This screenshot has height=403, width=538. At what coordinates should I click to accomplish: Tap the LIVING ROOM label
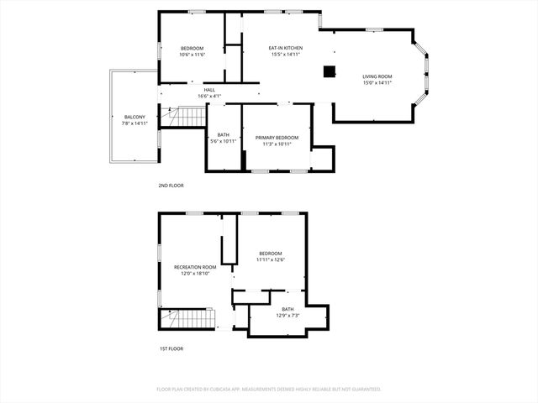(x=377, y=76)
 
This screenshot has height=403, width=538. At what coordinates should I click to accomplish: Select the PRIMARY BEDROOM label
(x=277, y=137)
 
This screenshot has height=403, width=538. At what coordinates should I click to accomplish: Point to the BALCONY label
(x=134, y=117)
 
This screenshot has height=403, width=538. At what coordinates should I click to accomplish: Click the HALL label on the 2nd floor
(x=209, y=90)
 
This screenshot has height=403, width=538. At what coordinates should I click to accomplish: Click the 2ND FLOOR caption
(x=171, y=185)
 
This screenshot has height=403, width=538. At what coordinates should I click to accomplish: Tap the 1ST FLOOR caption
(x=171, y=348)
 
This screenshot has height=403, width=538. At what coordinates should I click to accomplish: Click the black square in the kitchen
(x=330, y=71)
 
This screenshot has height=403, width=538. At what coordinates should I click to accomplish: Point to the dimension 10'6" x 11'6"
(x=193, y=55)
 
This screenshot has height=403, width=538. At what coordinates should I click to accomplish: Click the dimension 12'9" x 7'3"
(x=288, y=315)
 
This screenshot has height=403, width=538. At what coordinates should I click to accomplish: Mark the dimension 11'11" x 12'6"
(x=271, y=259)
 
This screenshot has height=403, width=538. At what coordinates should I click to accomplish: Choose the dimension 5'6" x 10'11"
(x=224, y=141)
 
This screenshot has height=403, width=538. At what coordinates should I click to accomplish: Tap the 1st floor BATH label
(x=288, y=309)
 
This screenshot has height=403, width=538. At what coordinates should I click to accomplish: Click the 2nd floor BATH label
(x=224, y=135)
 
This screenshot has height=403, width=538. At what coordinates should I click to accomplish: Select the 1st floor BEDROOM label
(x=271, y=254)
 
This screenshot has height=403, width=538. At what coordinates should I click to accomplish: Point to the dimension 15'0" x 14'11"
(x=377, y=82)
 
